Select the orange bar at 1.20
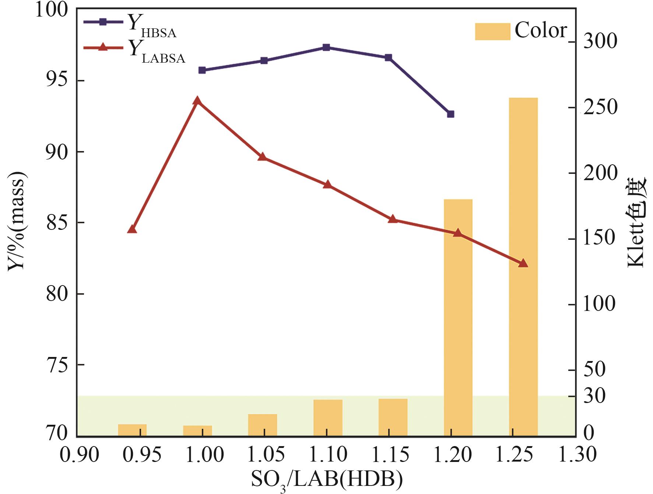pyautogui.click(x=458, y=317)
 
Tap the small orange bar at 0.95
pyautogui.click(x=132, y=430)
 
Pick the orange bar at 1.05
pyautogui.click(x=262, y=425)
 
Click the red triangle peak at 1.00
pyautogui.click(x=197, y=101)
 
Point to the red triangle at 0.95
pyautogui.click(x=132, y=229)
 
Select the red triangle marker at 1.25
pyautogui.click(x=523, y=263)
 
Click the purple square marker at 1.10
pyautogui.click(x=326, y=47)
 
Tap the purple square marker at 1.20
pyautogui.click(x=450, y=114)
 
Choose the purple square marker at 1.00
pyautogui.click(x=202, y=70)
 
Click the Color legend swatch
pyautogui.click(x=492, y=31)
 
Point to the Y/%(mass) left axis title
pyautogui.click(x=17, y=221)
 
